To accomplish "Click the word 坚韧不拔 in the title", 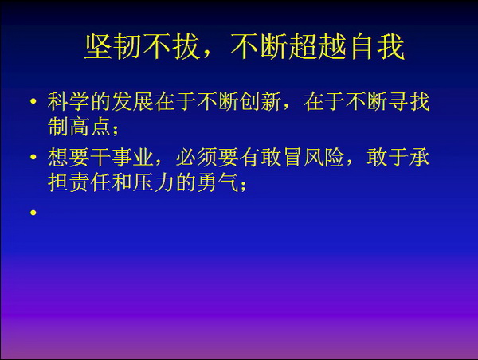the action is click(142, 47).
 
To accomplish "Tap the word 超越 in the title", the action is click(317, 47).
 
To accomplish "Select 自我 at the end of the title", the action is click(377, 47).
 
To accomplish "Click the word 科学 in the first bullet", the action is click(69, 101).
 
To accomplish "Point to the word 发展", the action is click(132, 101).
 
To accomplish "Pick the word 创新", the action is click(260, 101).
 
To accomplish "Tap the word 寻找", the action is click(409, 101).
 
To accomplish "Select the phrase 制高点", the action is click(79, 126).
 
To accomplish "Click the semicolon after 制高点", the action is click(116, 130).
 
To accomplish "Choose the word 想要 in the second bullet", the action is click(69, 158).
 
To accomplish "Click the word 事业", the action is click(132, 158).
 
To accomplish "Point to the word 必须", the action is click(196, 158).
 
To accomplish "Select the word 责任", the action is click(79, 182).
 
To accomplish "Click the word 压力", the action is click(153, 182).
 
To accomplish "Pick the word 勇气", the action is click(217, 182).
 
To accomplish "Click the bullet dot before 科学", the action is click(33, 101).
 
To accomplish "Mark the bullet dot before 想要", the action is click(33, 157).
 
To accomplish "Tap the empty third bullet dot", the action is click(33, 213).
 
